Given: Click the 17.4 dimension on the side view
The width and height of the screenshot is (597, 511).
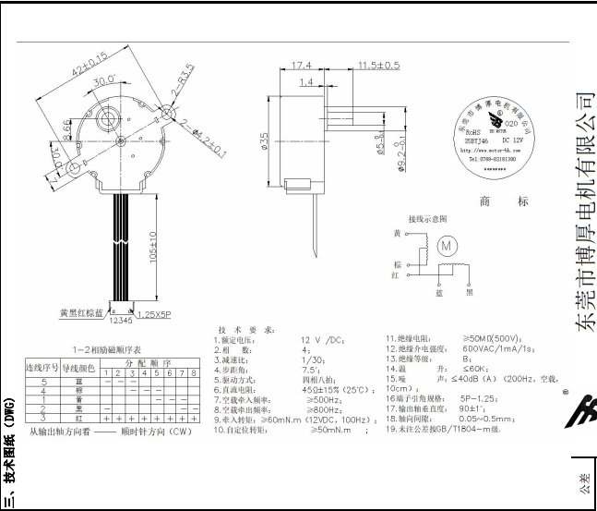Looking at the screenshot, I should [301, 66].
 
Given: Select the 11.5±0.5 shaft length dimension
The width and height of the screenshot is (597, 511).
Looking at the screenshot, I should [377, 66].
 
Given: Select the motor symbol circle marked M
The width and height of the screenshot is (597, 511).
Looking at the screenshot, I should [447, 247].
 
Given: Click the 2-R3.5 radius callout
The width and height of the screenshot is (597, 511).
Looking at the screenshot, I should [182, 77].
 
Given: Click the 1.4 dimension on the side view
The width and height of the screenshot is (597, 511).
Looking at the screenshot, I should [306, 83].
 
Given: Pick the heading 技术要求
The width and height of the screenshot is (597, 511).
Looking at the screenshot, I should [243, 330].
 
